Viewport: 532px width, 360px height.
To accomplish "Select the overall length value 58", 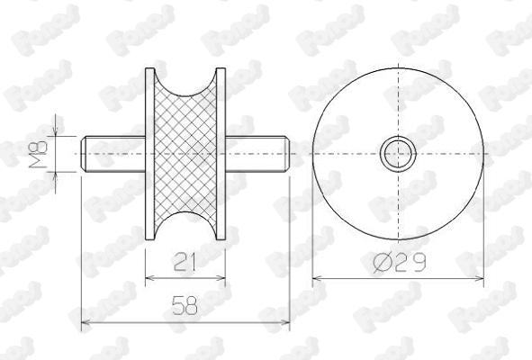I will coord(185,307).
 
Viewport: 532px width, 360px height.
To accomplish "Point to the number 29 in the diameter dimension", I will coord(409,262).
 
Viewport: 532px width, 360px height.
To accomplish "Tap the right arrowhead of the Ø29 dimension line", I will coord(482,276).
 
